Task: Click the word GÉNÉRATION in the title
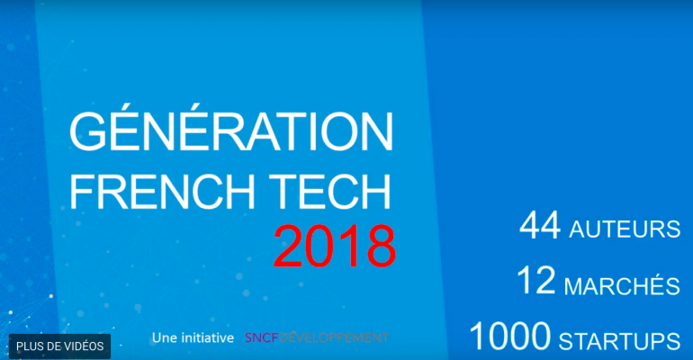pyautogui.click(x=231, y=128)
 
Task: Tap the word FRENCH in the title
pyautogui.click(x=163, y=191)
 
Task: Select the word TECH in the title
pyautogui.click(x=331, y=191)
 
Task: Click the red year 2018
pyautogui.click(x=335, y=247)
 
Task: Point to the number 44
pyautogui.click(x=540, y=226)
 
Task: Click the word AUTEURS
pyautogui.click(x=625, y=229)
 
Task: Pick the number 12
pyautogui.click(x=536, y=281)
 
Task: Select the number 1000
pyautogui.click(x=510, y=337)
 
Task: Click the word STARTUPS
pyautogui.click(x=619, y=340)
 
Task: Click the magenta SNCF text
pyautogui.click(x=262, y=337)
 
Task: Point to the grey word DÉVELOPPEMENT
pyautogui.click(x=334, y=337)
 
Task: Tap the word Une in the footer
pyautogui.click(x=162, y=337)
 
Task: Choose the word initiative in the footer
pyautogui.click(x=204, y=337)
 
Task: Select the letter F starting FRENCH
pyautogui.click(x=83, y=191)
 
